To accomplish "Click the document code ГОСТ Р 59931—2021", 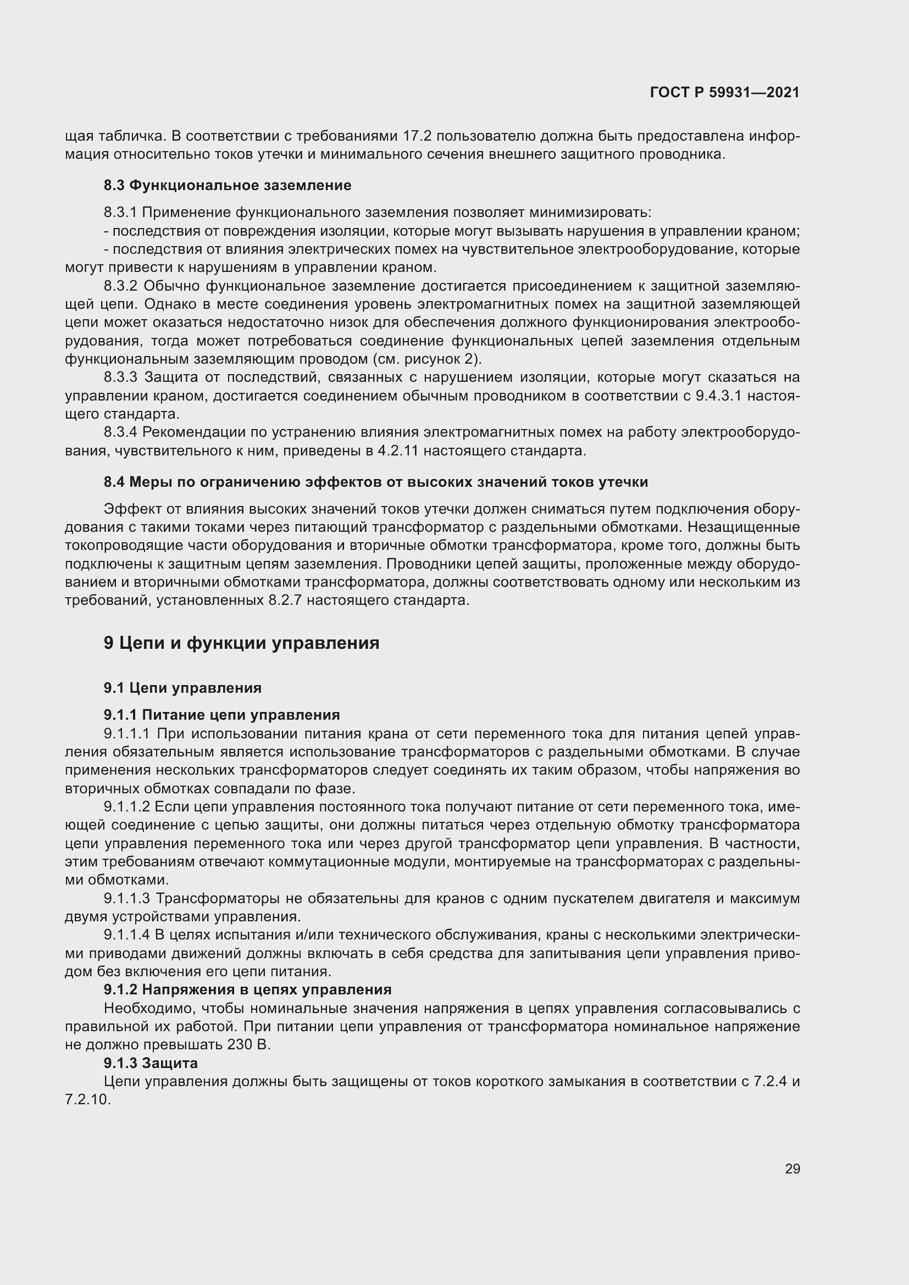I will coord(724,93).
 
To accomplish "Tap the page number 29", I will coord(792,1169).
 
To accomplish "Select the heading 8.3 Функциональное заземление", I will coord(228,185).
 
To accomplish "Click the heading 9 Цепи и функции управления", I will coord(241,643).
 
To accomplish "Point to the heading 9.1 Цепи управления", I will coord(182,688).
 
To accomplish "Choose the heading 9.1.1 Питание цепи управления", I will coord(221,715).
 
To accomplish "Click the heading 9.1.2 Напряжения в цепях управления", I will coord(247,990).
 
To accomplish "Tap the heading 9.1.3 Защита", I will coord(151,1063).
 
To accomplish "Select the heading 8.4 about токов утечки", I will coord(375,482).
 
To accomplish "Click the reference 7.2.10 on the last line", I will coord(88,1100).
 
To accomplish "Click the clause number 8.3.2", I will coord(120,287).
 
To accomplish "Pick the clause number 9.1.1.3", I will coord(126,899).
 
